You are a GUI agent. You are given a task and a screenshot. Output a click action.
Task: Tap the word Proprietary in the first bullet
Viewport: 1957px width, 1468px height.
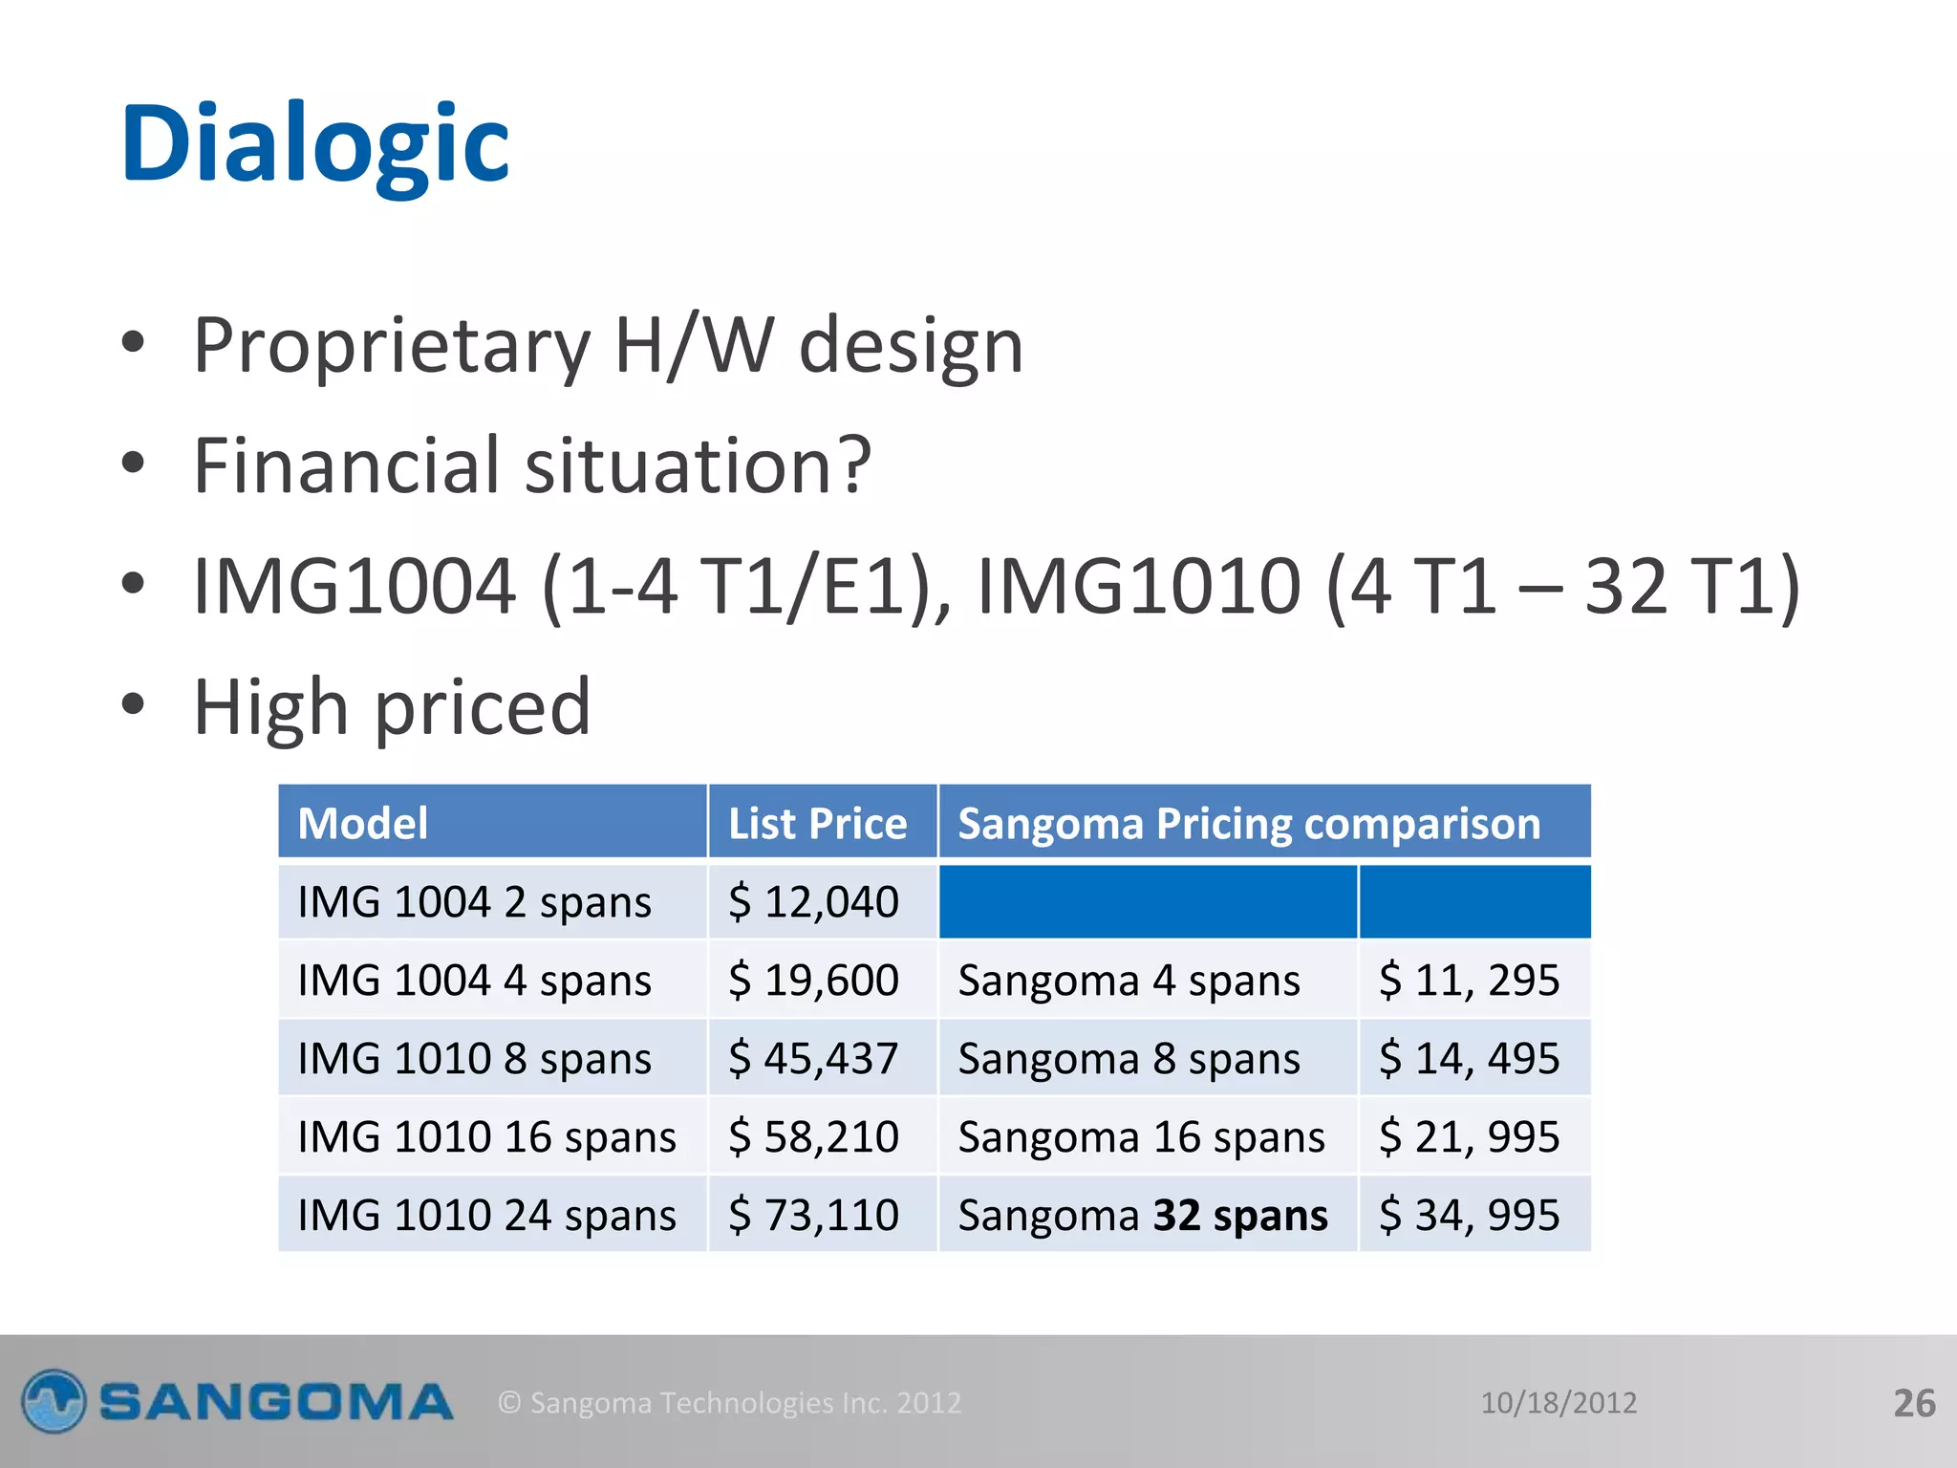[x=392, y=346]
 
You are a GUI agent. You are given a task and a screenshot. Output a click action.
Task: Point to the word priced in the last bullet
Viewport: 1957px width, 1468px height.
[x=483, y=707]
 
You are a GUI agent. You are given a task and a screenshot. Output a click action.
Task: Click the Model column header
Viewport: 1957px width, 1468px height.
[x=363, y=823]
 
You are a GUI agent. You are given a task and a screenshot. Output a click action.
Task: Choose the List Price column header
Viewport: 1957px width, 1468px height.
[x=817, y=823]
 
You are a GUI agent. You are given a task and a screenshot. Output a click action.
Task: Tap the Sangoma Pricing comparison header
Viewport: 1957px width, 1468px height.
[x=1249, y=823]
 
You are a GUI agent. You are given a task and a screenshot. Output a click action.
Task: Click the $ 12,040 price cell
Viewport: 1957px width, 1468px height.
[x=814, y=901]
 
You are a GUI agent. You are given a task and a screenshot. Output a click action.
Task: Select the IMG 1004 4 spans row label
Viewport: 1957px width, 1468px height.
[x=475, y=980]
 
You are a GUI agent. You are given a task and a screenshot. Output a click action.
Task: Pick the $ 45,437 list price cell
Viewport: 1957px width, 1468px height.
[x=814, y=1058]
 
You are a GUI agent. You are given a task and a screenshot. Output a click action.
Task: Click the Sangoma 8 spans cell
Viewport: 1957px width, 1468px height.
[x=1129, y=1058]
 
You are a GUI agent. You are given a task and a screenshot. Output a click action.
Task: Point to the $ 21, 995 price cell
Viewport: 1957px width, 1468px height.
[x=1470, y=1136]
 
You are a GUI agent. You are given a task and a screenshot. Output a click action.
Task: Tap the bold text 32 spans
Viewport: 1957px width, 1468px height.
[x=1240, y=1215]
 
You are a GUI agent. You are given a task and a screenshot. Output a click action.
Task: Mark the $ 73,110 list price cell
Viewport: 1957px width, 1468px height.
[x=814, y=1215]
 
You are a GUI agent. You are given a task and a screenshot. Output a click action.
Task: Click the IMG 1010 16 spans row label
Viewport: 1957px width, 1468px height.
[x=487, y=1136]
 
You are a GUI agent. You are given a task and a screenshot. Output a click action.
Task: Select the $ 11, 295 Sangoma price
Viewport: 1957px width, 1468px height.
[x=1470, y=980]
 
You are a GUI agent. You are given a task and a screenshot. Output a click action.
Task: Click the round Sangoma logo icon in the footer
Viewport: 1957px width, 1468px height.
[x=54, y=1401]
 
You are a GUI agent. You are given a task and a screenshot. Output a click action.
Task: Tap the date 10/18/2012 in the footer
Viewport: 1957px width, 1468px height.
[x=1559, y=1402]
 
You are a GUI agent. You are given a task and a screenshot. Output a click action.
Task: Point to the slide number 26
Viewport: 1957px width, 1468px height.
[x=1914, y=1403]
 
